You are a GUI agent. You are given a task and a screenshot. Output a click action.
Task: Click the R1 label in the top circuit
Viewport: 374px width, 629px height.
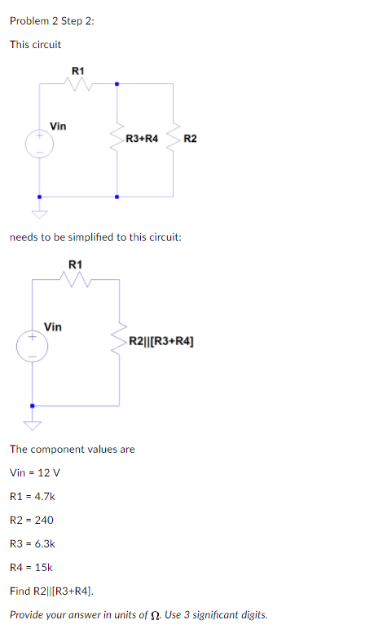(x=77, y=71)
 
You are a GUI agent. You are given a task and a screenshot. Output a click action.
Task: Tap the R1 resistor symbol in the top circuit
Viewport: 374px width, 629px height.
(x=77, y=82)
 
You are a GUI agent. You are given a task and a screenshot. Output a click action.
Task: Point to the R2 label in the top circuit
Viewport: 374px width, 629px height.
(x=190, y=140)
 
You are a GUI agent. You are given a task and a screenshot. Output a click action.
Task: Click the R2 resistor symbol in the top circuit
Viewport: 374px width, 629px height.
(x=173, y=140)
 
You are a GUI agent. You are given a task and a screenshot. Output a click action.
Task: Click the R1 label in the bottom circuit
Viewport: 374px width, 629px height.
(x=75, y=264)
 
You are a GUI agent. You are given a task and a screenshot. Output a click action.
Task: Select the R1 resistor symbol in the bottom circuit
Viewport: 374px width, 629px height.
(x=76, y=280)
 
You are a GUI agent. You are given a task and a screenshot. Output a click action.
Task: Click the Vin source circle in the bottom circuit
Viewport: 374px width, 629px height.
(x=33, y=346)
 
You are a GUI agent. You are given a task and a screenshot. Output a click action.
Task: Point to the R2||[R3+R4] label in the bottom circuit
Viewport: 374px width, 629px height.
(x=161, y=339)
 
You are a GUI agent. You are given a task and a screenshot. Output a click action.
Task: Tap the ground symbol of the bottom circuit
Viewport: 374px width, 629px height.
(x=33, y=422)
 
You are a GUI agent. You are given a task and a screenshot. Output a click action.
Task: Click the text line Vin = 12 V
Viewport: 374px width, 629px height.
(x=35, y=472)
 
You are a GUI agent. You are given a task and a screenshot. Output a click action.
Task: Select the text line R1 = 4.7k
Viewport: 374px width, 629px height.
(x=33, y=496)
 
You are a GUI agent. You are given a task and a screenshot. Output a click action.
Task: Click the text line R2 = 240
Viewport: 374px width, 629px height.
(x=31, y=520)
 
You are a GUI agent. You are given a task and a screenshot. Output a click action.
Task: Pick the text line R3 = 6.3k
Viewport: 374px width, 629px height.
(x=33, y=543)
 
